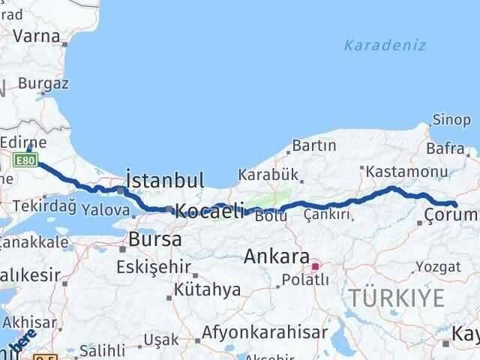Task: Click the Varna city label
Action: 39,34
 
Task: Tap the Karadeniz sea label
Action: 385,45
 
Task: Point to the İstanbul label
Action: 165,180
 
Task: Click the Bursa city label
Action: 155,240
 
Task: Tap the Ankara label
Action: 277,256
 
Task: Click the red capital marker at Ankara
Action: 316,265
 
